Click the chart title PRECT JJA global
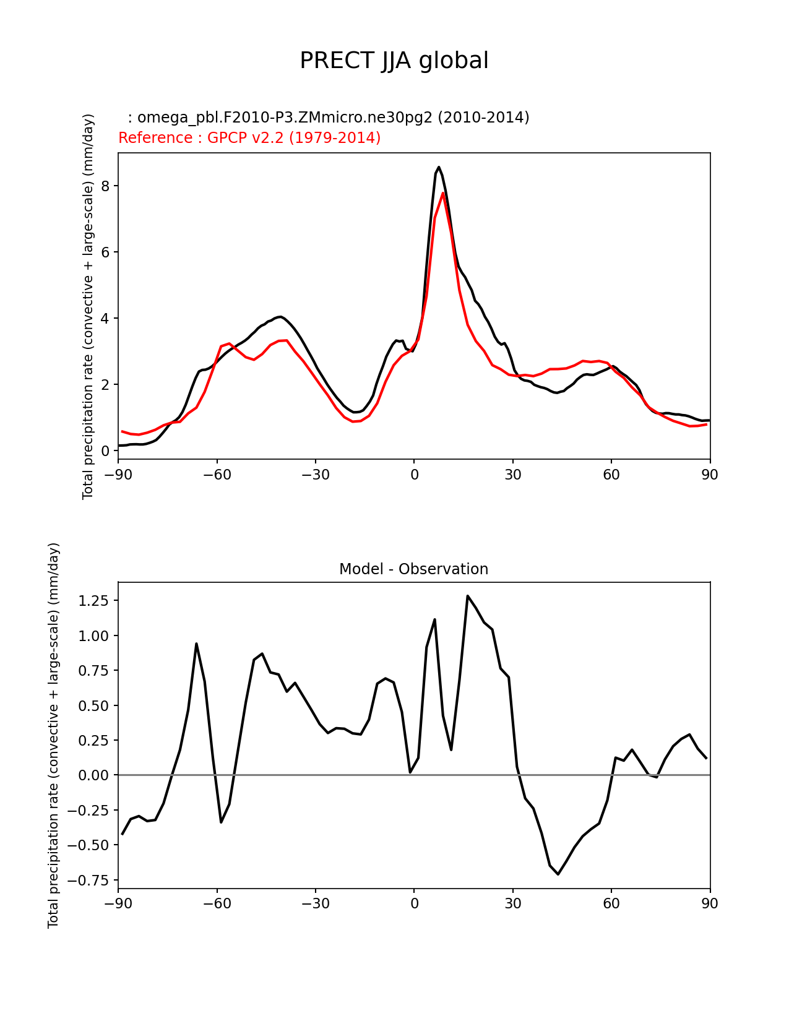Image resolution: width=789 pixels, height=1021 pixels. click(x=394, y=61)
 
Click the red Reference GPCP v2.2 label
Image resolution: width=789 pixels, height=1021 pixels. click(x=249, y=138)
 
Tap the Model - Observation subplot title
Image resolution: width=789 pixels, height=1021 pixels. click(x=413, y=569)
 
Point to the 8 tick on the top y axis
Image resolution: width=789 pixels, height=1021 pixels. click(x=106, y=186)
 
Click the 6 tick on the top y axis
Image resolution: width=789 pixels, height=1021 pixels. click(x=106, y=252)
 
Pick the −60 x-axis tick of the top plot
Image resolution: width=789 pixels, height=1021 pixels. click(x=217, y=475)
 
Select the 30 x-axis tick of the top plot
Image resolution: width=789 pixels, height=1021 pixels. click(x=512, y=475)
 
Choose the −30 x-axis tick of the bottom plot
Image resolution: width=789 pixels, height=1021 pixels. click(x=315, y=903)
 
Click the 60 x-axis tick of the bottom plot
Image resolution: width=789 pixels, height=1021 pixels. click(x=611, y=903)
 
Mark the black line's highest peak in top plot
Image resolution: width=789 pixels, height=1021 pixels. click(x=439, y=167)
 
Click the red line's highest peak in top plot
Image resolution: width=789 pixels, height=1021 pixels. click(x=443, y=193)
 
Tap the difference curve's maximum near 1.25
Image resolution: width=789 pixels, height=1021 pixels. click(x=468, y=596)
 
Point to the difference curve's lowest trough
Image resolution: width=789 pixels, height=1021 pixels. click(x=558, y=874)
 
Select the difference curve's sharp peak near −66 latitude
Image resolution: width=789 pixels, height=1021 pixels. click(x=196, y=644)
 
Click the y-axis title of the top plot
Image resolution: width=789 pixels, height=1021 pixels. click(x=88, y=306)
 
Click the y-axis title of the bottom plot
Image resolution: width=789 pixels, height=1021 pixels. click(x=54, y=735)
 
